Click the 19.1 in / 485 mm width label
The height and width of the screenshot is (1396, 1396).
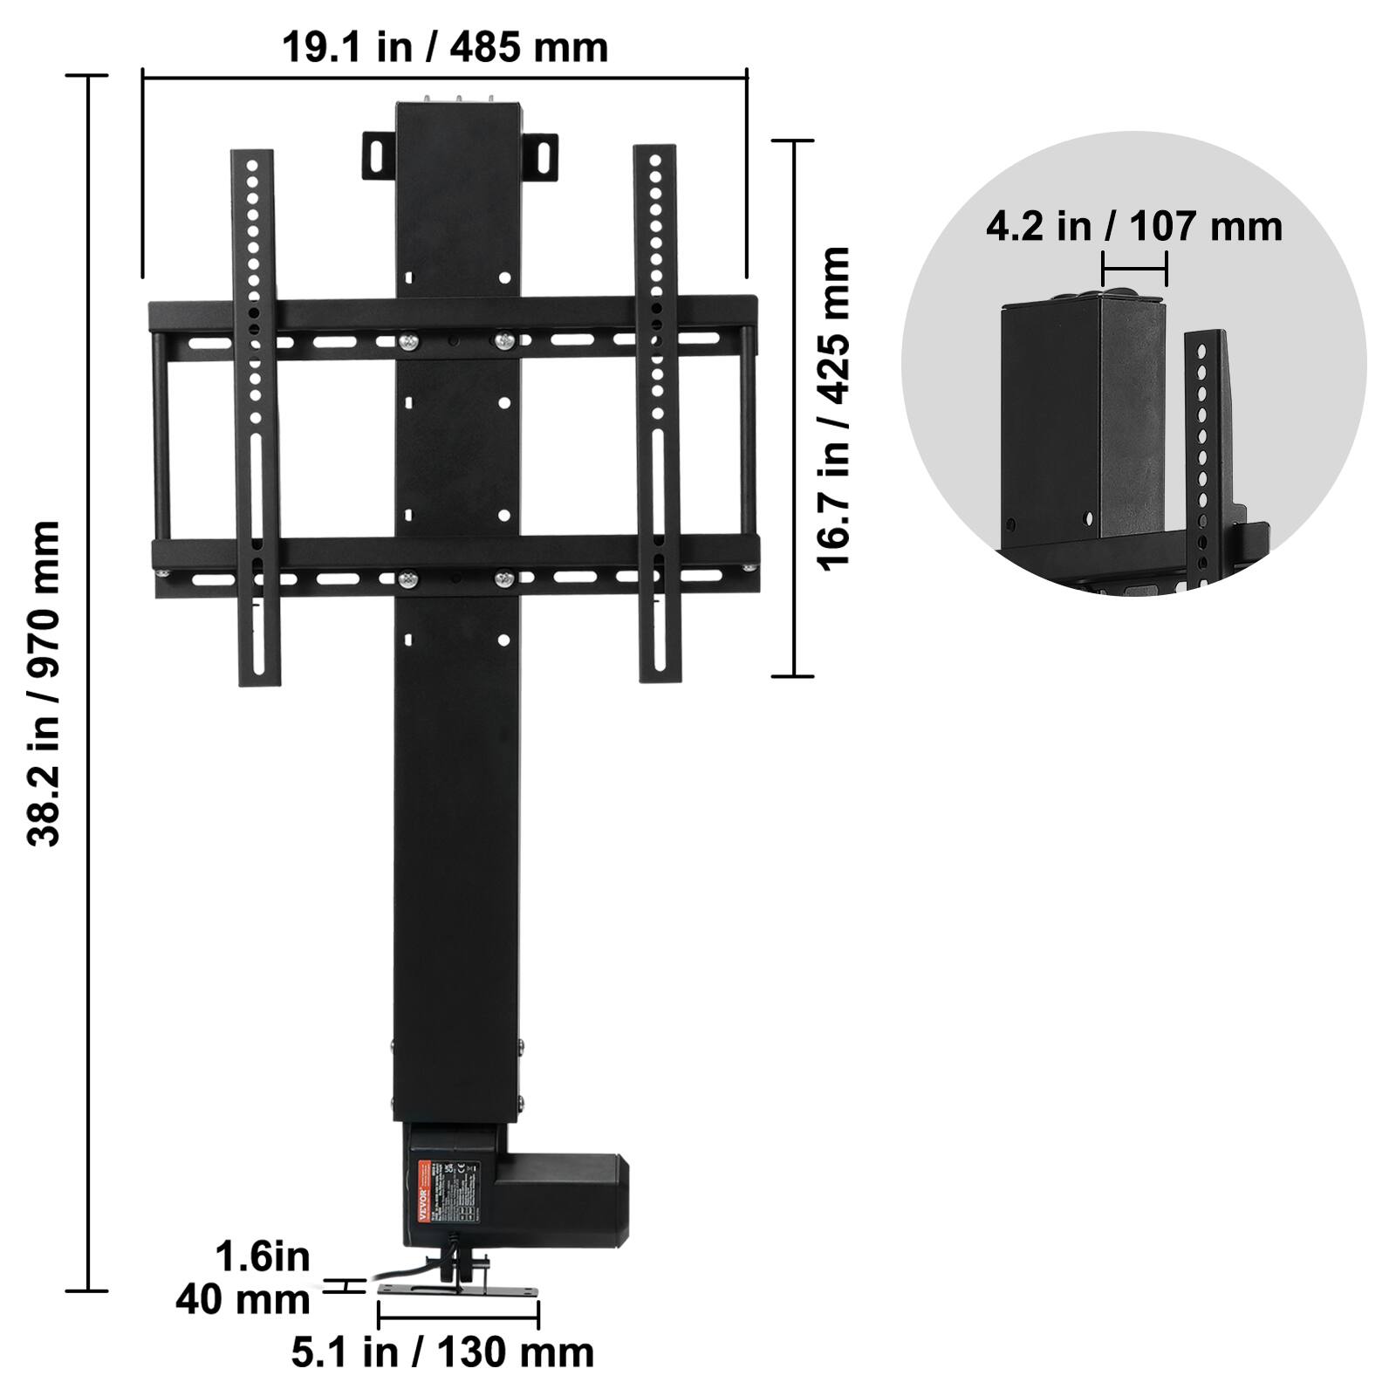tap(445, 46)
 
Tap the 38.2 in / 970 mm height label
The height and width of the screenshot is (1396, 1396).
tap(44, 683)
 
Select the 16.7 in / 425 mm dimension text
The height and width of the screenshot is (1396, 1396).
tap(833, 408)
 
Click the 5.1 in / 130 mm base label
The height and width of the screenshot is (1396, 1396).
tap(442, 1352)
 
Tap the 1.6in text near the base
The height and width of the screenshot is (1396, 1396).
tap(263, 1256)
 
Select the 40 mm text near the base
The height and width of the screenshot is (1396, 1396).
tap(243, 1300)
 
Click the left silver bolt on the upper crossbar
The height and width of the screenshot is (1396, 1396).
tap(407, 342)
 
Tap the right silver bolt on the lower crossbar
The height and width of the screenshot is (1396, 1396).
tap(503, 578)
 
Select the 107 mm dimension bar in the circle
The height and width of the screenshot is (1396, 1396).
tap(1134, 268)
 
